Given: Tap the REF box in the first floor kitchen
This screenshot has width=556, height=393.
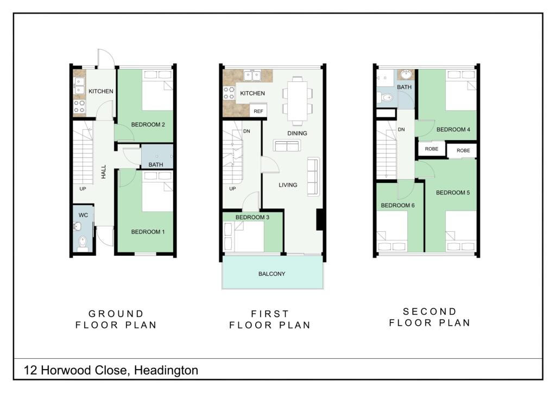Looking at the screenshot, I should (x=258, y=111).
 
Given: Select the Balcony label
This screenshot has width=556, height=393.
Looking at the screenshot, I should (x=272, y=274).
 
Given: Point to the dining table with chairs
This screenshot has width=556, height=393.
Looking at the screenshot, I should (x=297, y=100).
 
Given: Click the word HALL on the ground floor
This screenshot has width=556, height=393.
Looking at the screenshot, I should (x=104, y=173).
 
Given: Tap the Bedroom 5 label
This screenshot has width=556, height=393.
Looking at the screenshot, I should (x=452, y=193).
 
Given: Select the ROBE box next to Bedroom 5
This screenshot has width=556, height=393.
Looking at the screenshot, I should (x=463, y=150).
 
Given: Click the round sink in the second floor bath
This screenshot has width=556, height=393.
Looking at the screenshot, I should (x=405, y=75).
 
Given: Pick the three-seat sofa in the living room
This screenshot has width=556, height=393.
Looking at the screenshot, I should (x=313, y=176).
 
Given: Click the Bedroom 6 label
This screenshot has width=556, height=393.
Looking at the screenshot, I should (x=397, y=205).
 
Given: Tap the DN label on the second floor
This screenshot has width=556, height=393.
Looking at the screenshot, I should (x=402, y=130).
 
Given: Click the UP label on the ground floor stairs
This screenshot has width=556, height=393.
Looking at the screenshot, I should (x=83, y=189).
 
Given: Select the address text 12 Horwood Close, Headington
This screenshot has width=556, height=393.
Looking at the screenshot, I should (x=111, y=371).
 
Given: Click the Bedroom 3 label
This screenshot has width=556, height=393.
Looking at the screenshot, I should (x=252, y=217).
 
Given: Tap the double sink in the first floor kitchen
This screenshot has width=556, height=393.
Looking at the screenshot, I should (x=252, y=75).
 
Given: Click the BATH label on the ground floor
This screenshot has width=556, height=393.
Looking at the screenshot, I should (x=156, y=164).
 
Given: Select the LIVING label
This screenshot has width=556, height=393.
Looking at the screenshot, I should (x=288, y=185).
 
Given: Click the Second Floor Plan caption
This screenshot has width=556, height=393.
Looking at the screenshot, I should (x=429, y=317).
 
